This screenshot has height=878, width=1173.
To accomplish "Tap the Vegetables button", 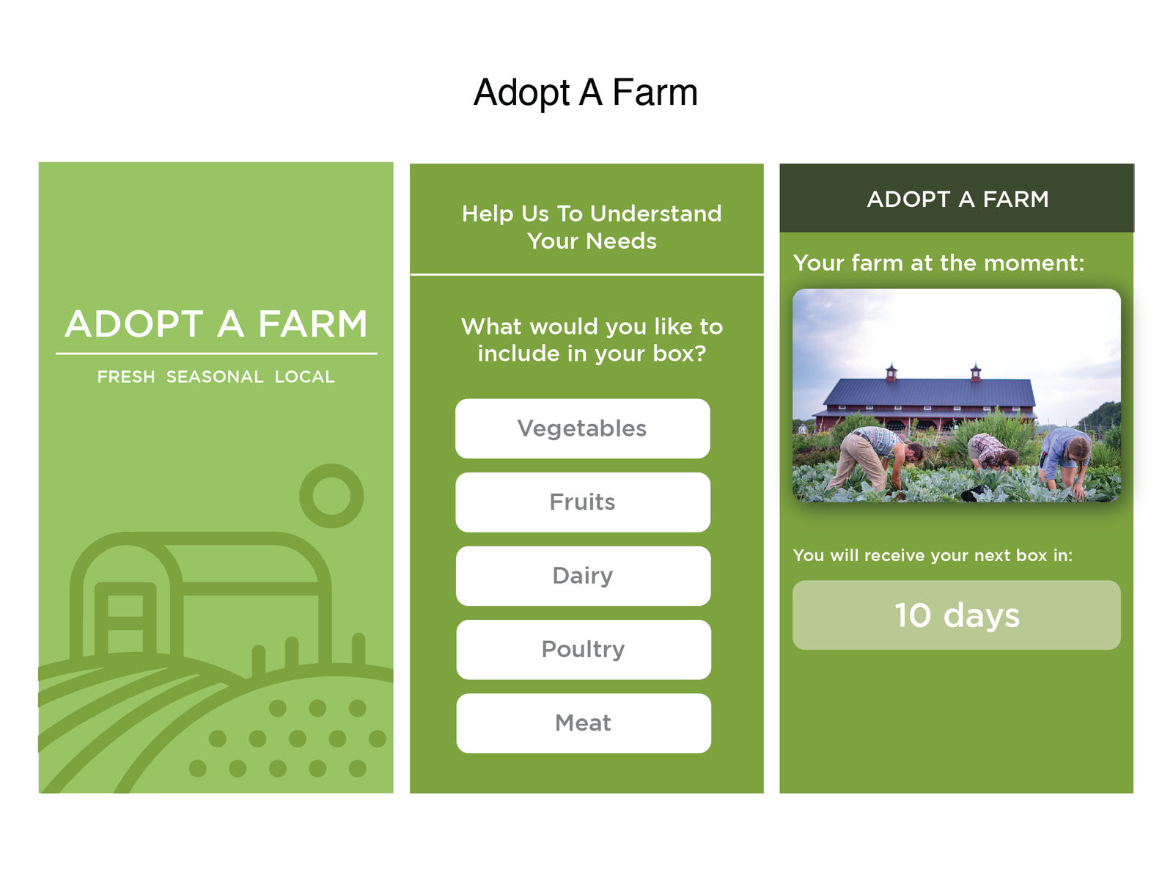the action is [x=583, y=428].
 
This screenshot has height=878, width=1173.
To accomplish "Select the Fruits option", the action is [x=583, y=502].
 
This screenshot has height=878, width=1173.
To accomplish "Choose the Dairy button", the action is [x=583, y=576].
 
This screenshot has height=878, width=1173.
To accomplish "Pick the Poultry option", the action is [x=584, y=650].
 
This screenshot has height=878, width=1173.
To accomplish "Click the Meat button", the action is [x=584, y=723].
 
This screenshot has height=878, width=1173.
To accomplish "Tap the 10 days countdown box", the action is [x=957, y=615].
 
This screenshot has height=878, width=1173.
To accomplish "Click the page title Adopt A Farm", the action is [x=586, y=92].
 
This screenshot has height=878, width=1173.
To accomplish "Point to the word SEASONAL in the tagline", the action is [x=215, y=377].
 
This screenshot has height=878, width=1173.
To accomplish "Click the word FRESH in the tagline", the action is [x=126, y=377].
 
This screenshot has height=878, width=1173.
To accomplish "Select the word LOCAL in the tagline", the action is [x=304, y=377].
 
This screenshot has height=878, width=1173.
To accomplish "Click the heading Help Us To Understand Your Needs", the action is [x=592, y=227].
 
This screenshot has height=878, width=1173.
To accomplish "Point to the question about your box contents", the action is [x=592, y=340].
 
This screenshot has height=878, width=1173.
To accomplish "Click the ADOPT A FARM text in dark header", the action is [x=957, y=199].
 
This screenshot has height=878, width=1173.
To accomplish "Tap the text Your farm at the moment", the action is [x=939, y=263].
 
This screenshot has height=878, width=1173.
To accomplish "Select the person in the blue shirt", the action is [x=1064, y=459].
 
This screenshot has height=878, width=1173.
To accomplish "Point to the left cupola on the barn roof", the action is [x=891, y=372].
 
